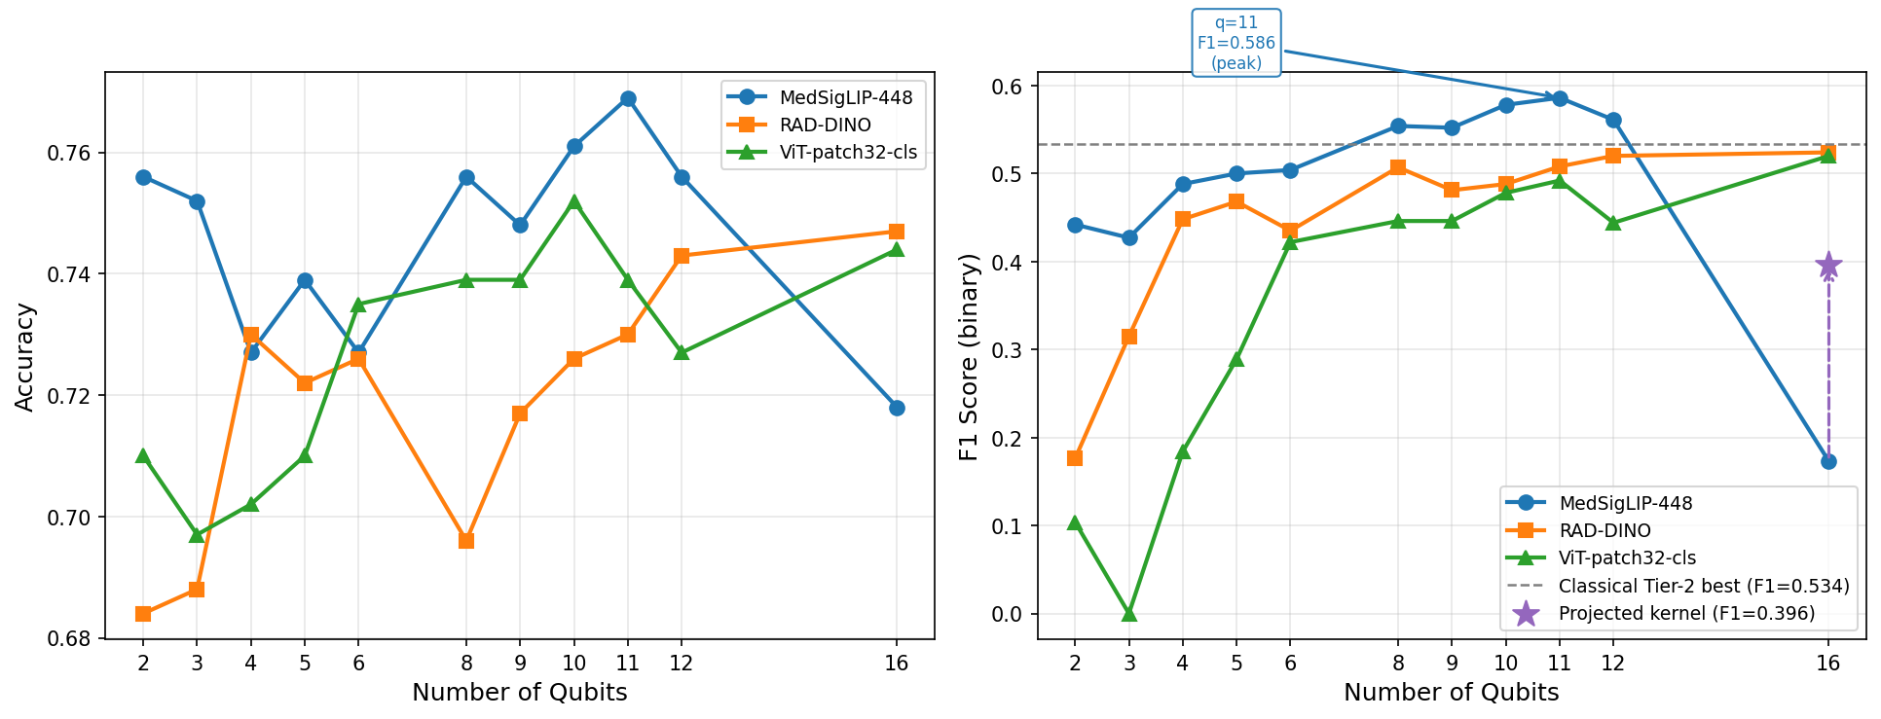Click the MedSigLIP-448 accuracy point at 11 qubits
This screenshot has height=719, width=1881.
[628, 99]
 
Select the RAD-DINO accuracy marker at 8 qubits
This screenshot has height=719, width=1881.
[466, 541]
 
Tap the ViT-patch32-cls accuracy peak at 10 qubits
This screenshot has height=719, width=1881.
[574, 202]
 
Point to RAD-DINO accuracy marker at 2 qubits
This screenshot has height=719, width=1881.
[143, 614]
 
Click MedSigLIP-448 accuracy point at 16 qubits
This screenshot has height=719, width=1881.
[897, 408]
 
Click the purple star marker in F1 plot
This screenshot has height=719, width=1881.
[1828, 266]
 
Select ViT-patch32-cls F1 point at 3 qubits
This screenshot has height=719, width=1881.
[1129, 614]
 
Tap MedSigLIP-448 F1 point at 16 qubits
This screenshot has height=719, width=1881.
[1828, 461]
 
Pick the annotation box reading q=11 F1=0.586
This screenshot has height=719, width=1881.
[1236, 43]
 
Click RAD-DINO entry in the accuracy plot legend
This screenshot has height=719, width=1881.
[825, 125]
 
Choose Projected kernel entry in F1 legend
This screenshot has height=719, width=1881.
[1685, 613]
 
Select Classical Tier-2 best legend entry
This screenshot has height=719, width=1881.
[1703, 586]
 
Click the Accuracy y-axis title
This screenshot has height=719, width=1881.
[25, 357]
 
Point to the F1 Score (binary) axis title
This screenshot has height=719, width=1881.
[969, 357]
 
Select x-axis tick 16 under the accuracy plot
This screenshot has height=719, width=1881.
[897, 664]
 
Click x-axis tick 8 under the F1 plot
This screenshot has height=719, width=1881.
[1398, 664]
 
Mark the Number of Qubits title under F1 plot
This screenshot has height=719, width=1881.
[1451, 693]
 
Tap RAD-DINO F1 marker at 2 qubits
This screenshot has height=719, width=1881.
[1075, 458]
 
